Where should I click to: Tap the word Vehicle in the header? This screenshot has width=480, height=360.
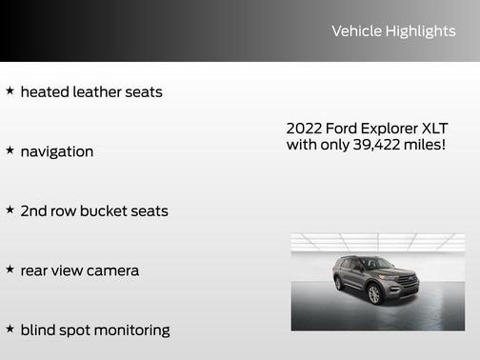(355, 31)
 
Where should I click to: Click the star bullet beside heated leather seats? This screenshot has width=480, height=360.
(10, 91)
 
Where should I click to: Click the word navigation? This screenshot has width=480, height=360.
(56, 151)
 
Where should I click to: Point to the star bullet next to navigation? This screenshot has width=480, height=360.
(10, 150)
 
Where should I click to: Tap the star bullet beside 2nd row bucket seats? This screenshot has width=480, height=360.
(10, 210)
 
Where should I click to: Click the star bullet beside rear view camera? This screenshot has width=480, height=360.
(10, 270)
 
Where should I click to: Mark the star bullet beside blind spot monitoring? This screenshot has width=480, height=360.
(10, 329)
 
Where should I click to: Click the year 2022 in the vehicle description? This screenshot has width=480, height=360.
(304, 129)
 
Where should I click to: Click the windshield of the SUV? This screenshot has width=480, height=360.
(376, 264)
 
